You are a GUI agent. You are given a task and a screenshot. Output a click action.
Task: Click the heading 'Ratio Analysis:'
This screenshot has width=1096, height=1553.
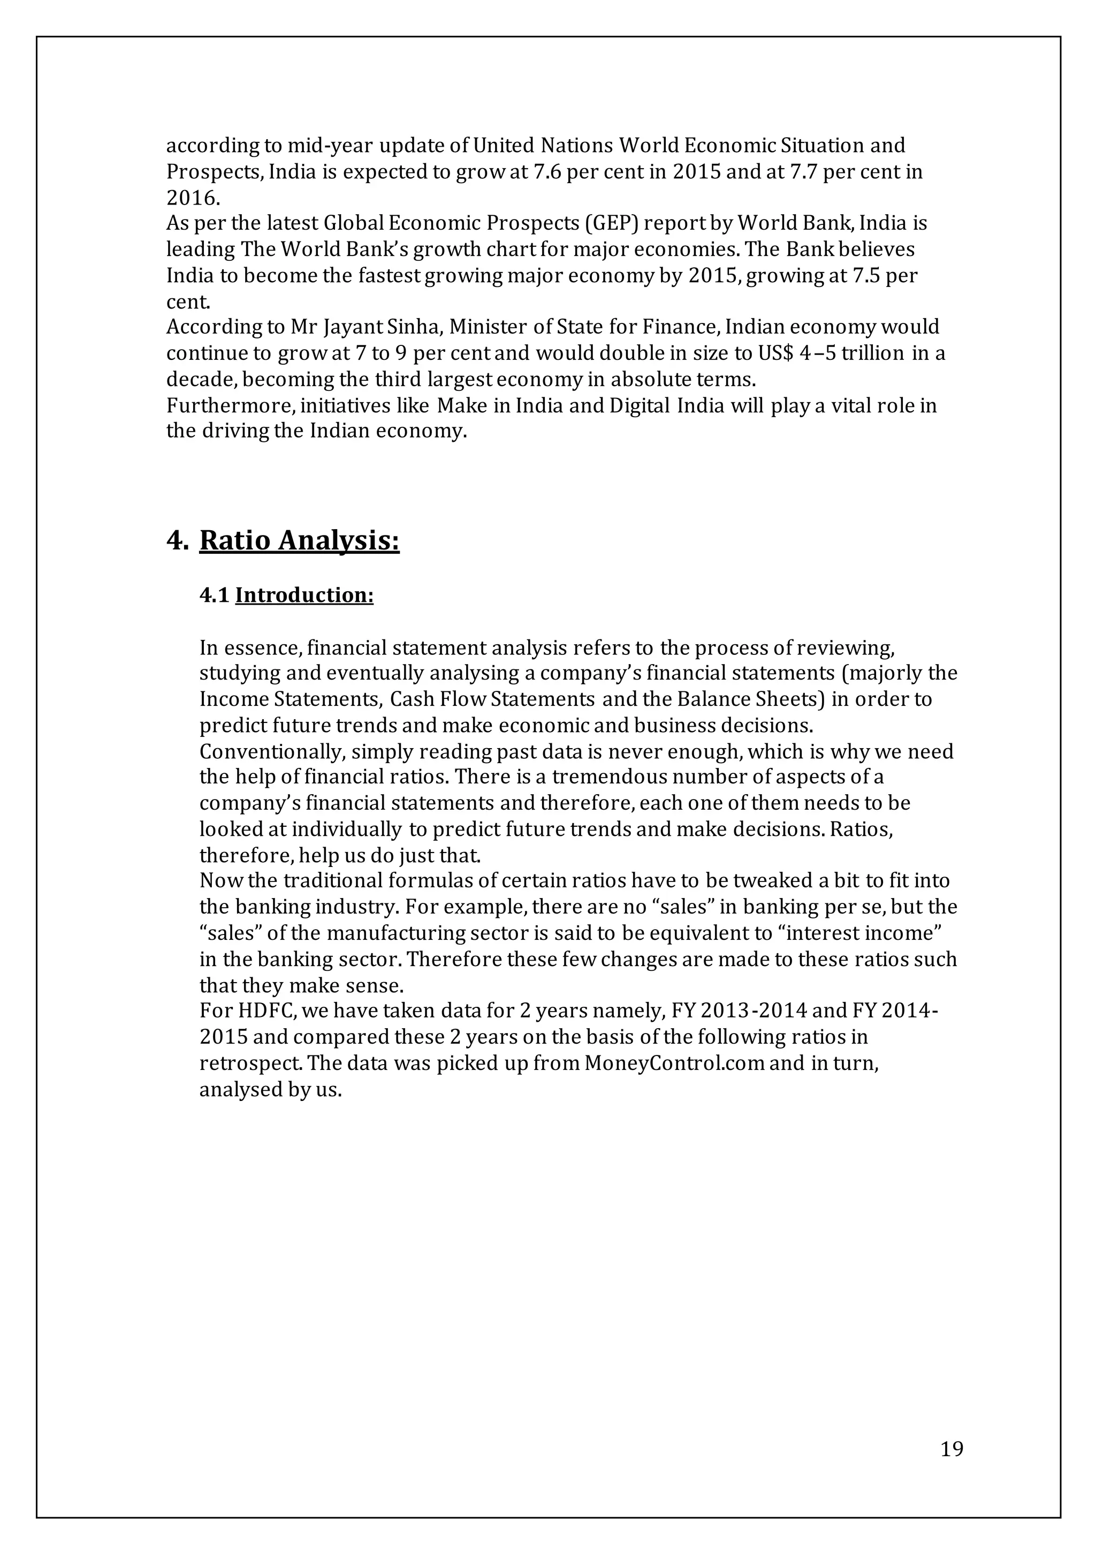(x=300, y=541)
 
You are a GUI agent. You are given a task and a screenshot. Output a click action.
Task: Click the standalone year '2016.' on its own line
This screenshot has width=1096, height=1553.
(x=193, y=198)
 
